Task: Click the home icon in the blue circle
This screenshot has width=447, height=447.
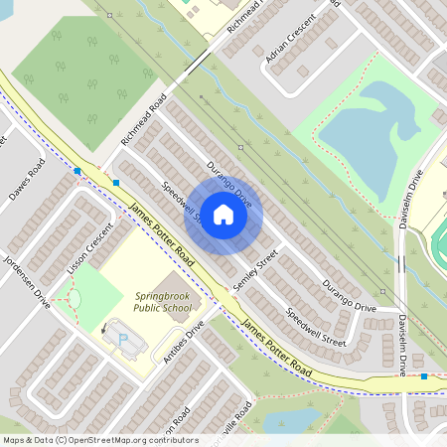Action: pyautogui.click(x=223, y=215)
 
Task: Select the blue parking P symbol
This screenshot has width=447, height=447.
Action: pyautogui.click(x=122, y=339)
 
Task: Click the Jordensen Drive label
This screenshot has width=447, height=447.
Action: pyautogui.click(x=22, y=280)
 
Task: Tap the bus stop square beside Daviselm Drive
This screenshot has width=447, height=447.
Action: pyautogui.click(x=424, y=376)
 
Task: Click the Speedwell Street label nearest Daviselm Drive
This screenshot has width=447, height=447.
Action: pyautogui.click(x=316, y=327)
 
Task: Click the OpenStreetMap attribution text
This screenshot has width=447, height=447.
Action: pyautogui.click(x=100, y=439)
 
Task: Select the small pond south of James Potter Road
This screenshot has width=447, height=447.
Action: pyautogui.click(x=294, y=419)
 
